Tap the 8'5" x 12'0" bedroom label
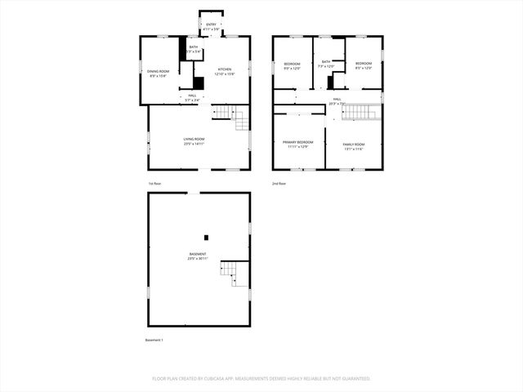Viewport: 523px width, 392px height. point(364,65)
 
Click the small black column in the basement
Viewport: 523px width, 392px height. point(206,238)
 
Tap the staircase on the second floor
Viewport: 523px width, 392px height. point(360,114)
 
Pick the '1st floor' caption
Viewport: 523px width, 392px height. point(154,184)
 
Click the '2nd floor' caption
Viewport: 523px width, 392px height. point(279,184)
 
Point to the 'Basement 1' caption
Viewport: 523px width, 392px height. point(154,340)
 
